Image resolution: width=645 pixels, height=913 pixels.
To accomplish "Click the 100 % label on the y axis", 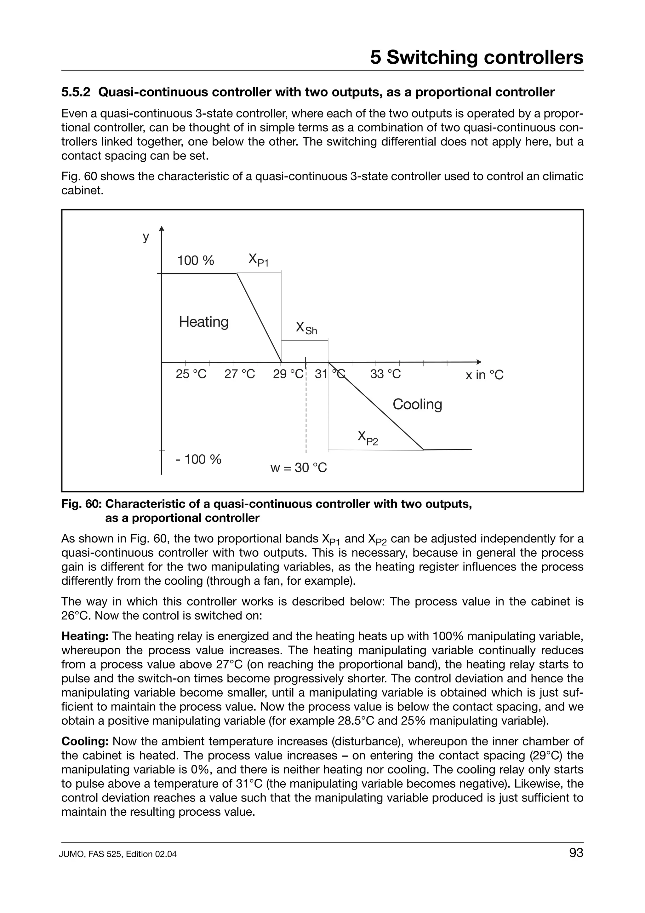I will [196, 261].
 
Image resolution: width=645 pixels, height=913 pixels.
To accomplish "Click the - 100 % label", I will [198, 459].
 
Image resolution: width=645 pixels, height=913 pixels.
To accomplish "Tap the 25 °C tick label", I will [191, 374].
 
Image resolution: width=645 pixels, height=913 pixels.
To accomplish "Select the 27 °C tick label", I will [240, 374].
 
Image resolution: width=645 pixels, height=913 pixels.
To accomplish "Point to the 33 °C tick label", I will [385, 374].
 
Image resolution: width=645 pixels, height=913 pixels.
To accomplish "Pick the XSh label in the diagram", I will [306, 329].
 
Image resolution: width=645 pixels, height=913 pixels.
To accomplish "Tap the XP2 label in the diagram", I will [368, 437].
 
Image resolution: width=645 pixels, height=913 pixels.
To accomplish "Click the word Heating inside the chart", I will [203, 322].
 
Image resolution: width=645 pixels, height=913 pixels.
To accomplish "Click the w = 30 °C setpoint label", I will [299, 468].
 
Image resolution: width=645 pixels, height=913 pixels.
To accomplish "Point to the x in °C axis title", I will [484, 375].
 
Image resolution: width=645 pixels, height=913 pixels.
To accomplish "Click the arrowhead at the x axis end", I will [479, 362].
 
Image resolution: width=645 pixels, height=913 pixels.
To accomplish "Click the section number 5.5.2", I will [76, 92].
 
